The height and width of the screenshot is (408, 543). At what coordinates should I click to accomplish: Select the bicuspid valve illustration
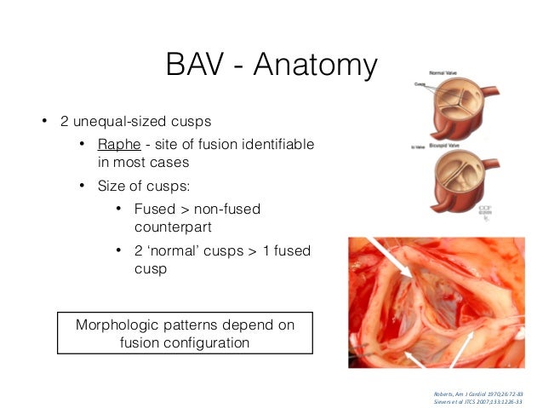pyautogui.click(x=464, y=187)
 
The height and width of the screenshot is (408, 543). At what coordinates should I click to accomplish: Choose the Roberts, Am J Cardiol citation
pyautogui.click(x=477, y=394)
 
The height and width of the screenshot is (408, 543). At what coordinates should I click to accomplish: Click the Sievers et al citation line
pyautogui.click(x=477, y=401)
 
